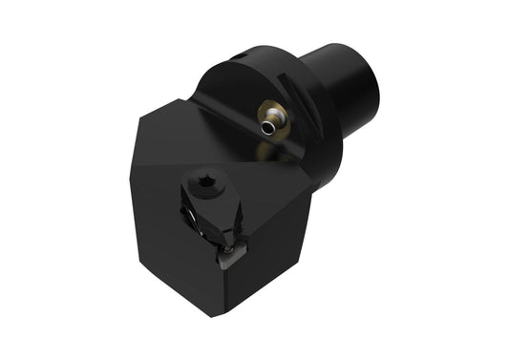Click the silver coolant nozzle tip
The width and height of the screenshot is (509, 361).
[x=275, y=121]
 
